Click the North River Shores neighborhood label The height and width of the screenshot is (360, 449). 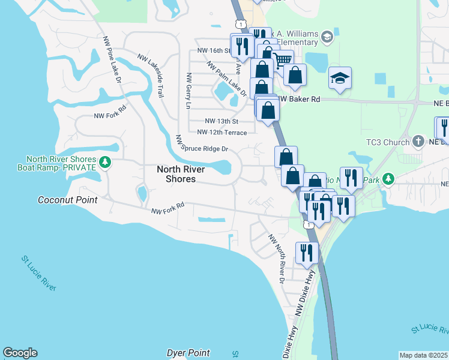click(180, 174)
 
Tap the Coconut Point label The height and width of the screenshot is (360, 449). click(68, 200)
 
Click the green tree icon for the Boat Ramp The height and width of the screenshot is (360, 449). click(105, 163)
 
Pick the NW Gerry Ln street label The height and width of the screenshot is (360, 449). click(188, 91)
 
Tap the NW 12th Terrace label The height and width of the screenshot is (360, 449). click(221, 132)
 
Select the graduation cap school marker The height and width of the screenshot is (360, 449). click(340, 78)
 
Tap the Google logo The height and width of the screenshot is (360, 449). click(20, 353)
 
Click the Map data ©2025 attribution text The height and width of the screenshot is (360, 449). click(423, 355)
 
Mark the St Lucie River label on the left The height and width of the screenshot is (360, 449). click(39, 274)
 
